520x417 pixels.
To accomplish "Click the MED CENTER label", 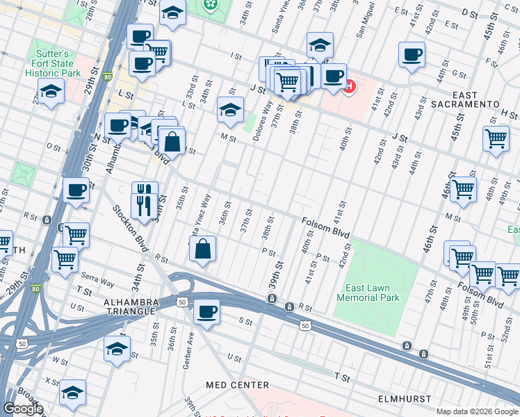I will (237, 384).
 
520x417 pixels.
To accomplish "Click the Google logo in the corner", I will (23, 409).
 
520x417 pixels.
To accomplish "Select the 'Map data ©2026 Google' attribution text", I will (477, 411).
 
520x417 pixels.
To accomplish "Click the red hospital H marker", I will (349, 87).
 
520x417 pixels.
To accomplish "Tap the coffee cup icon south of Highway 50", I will (206, 311).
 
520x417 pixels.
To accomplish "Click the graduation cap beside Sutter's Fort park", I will (51, 91).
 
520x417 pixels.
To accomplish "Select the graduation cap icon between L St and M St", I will (230, 108).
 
